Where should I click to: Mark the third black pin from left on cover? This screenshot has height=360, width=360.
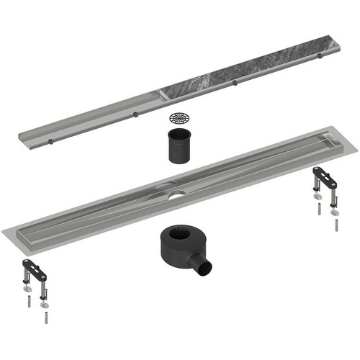pyautogui.click(x=235, y=83)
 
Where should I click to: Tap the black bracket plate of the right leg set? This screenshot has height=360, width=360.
pyautogui.click(x=325, y=176)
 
